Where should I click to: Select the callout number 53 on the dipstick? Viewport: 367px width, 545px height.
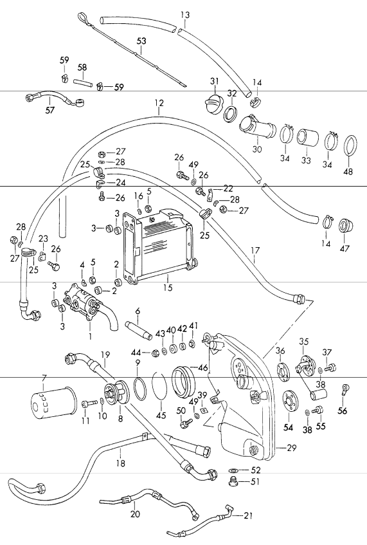pyautogui.click(x=141, y=41)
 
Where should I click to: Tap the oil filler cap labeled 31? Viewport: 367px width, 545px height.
pyautogui.click(x=215, y=104)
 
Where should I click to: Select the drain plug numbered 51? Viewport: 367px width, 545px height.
pyautogui.click(x=233, y=481)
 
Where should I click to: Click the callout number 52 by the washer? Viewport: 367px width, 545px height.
pyautogui.click(x=256, y=470)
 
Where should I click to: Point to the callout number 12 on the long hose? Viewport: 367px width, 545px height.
pyautogui.click(x=159, y=103)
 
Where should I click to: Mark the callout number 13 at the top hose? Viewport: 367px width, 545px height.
pyautogui.click(x=184, y=14)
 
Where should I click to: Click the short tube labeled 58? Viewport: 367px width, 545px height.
pyautogui.click(x=82, y=82)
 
